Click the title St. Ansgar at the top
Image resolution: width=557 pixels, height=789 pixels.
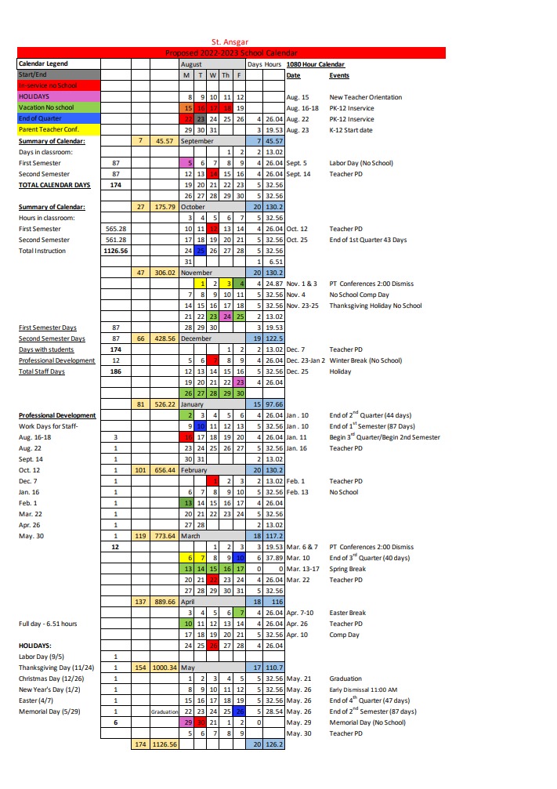(x=231, y=42)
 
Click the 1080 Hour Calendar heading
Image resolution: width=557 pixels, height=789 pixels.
(x=316, y=64)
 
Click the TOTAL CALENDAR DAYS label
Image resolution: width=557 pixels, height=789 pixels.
(x=54, y=185)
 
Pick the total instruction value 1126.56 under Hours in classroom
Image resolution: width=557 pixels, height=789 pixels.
(x=115, y=251)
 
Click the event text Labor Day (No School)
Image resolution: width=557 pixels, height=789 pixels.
(x=361, y=163)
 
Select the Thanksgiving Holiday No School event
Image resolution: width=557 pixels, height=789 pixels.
(x=375, y=306)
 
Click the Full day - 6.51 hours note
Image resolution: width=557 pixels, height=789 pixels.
(x=48, y=624)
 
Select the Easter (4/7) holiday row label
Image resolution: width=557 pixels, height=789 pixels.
(x=37, y=700)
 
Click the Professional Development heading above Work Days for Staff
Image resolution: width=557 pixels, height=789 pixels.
(x=57, y=415)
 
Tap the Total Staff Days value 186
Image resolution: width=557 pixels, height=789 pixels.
(x=115, y=371)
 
